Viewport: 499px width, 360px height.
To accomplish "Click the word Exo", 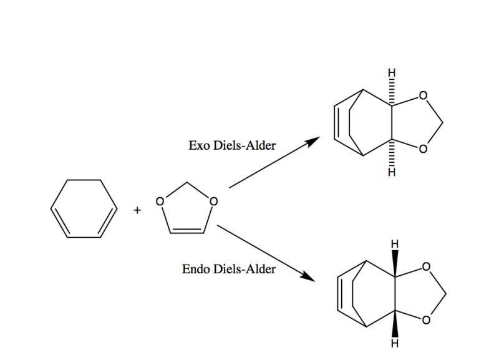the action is coord(200,145).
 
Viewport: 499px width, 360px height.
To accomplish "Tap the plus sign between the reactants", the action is coord(137,210).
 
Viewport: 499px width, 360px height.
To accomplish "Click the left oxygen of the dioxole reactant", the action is coord(160,202).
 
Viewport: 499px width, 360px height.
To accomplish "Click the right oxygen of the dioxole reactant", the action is coord(213,202).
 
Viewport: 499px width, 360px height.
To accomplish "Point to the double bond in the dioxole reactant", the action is coord(187,231).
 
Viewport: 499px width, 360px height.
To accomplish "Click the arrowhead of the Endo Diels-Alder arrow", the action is coord(308,276).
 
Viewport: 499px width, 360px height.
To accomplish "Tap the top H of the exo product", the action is coord(392,73).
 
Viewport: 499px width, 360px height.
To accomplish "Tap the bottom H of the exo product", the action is coord(392,172).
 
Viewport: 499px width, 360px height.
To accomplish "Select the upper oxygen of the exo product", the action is coord(423,95).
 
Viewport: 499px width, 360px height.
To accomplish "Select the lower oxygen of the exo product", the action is coord(423,149).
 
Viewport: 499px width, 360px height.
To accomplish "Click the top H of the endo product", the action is coord(395,244).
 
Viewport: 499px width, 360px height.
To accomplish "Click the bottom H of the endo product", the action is coord(395,343).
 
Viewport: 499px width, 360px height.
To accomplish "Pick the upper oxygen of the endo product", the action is coord(426,267).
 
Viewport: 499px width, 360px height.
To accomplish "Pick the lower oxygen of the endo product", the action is coord(426,320).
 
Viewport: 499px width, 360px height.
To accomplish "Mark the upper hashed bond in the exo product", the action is coord(392,92).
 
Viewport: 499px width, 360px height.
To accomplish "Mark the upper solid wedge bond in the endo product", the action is coord(395,263).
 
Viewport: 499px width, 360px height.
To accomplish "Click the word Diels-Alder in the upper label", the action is coord(245,145).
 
